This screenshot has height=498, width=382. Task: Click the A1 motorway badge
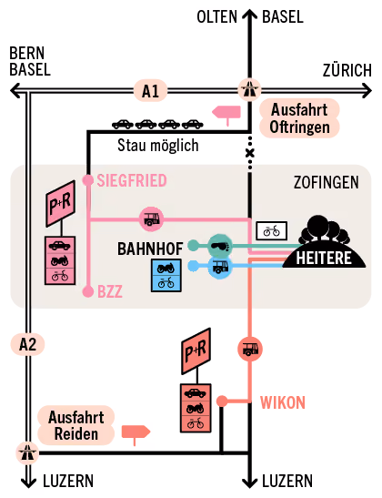(150, 91)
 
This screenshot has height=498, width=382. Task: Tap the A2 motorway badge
(27, 344)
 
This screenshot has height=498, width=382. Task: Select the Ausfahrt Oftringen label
(299, 118)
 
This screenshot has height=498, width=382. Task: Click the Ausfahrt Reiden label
(76, 425)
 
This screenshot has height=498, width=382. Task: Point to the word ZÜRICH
(347, 70)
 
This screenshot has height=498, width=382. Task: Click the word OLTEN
(217, 16)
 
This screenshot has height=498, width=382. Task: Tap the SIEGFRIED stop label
(132, 180)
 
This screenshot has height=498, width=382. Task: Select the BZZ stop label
(110, 292)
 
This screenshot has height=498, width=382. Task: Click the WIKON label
(283, 402)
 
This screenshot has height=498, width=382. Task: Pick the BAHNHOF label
(150, 249)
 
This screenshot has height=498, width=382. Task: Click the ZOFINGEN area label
(327, 182)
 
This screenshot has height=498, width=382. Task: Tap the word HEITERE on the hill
(324, 258)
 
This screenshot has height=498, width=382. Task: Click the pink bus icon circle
(152, 219)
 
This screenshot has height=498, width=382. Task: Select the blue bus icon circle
(220, 267)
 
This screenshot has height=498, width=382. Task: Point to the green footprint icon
(220, 246)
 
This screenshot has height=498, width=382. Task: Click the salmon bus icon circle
(250, 349)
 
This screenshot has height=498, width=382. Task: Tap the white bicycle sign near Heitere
(272, 231)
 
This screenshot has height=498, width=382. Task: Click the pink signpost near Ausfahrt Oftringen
(226, 115)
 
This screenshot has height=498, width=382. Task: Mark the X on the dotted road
(250, 153)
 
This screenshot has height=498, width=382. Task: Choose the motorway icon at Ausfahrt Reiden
(27, 452)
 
